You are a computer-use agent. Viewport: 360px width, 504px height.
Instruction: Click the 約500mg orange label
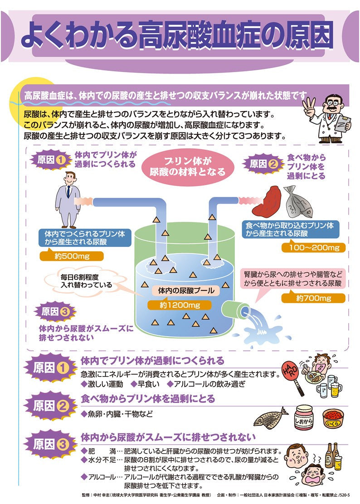[71, 256]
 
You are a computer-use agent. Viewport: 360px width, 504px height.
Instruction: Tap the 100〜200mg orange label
[313, 248]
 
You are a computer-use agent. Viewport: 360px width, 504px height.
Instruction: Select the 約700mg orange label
[313, 298]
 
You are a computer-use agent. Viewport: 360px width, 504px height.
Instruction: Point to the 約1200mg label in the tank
[180, 305]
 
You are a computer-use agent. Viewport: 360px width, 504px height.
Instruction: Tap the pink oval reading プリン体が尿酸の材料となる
[188, 166]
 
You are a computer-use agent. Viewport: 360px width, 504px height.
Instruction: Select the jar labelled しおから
[304, 417]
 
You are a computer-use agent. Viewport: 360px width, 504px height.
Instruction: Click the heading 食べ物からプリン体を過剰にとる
[148, 399]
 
